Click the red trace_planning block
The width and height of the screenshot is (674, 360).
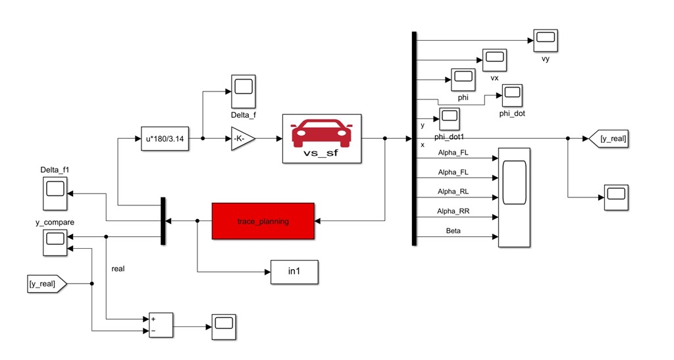[x=263, y=221]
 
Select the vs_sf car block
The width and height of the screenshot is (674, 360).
[x=322, y=138]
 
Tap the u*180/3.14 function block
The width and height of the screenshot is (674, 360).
[x=165, y=138]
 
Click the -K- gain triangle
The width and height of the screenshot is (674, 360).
[x=241, y=138]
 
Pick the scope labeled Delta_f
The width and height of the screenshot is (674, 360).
[x=243, y=91]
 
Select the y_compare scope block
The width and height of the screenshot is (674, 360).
[x=55, y=243]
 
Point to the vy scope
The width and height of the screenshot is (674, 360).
[x=545, y=41]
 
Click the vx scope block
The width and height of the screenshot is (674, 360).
[x=494, y=60]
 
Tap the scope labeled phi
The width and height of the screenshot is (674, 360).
[x=463, y=80]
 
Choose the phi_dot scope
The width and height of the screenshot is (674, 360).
[x=512, y=95]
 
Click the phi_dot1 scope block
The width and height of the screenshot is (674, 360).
[x=450, y=119]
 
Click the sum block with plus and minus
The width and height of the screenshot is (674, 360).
[x=161, y=324]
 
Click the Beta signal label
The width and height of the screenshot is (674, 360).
[x=454, y=232]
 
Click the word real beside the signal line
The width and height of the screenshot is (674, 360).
[x=118, y=269]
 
